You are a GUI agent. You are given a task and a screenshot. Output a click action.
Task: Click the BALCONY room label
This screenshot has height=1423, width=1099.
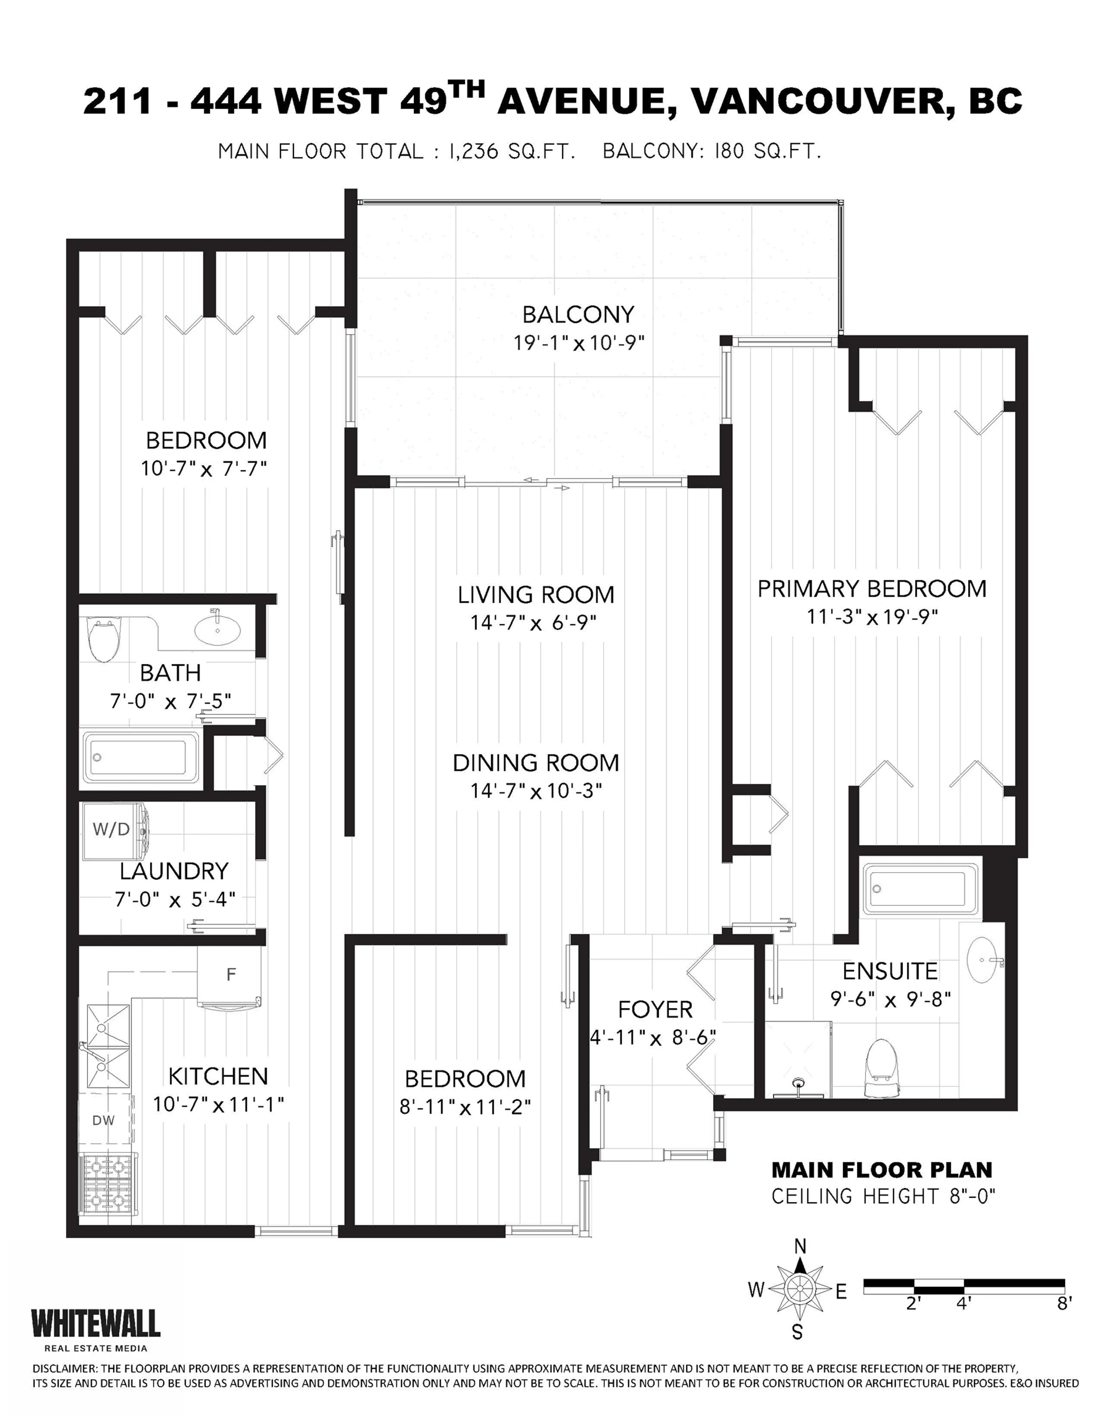[x=578, y=315]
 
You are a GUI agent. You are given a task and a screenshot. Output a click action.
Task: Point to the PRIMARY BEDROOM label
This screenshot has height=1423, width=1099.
[x=872, y=589]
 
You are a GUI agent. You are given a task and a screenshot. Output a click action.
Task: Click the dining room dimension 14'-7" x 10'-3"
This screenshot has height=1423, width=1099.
[x=535, y=791]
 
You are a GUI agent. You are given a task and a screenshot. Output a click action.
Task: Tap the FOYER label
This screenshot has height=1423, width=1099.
[x=655, y=1009]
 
